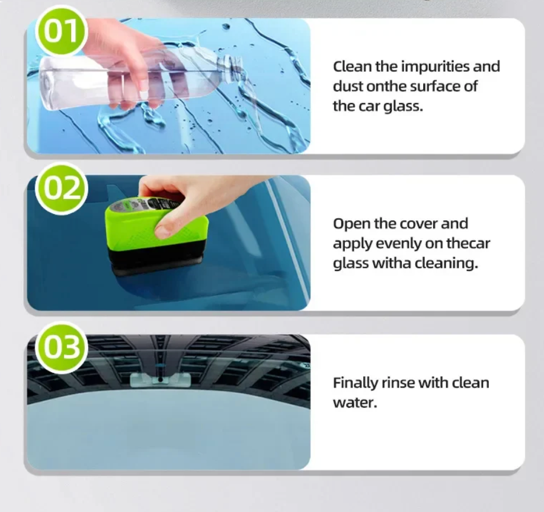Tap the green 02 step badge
(62, 189)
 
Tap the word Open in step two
(351, 224)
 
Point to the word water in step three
(354, 402)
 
